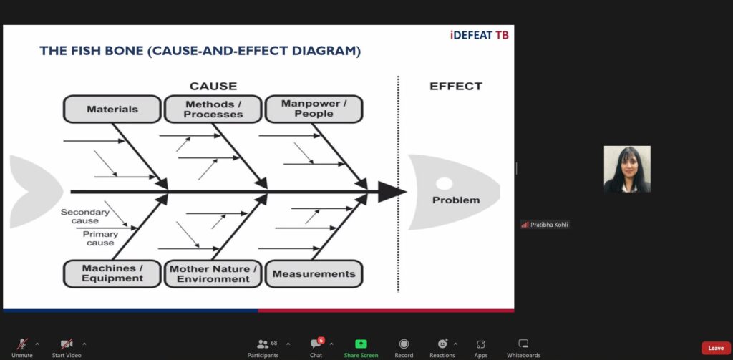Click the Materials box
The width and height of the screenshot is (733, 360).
112,110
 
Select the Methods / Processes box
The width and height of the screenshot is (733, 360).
213,110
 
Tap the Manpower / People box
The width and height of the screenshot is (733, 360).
314,110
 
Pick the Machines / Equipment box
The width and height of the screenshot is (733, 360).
112,273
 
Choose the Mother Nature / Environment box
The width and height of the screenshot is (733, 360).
213,273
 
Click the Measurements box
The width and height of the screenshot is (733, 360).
314,273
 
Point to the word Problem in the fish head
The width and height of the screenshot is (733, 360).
456,200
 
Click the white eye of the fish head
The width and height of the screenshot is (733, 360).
444,184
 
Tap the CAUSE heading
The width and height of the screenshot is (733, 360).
213,86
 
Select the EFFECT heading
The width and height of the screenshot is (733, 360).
456,86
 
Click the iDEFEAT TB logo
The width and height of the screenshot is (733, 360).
479,35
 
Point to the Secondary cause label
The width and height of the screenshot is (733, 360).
84,216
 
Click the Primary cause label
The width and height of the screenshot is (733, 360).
100,238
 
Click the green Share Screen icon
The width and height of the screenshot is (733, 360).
361,344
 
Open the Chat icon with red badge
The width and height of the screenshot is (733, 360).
316,344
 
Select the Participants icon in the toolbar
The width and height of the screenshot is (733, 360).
263,344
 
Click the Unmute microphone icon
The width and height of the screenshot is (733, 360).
21,344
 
